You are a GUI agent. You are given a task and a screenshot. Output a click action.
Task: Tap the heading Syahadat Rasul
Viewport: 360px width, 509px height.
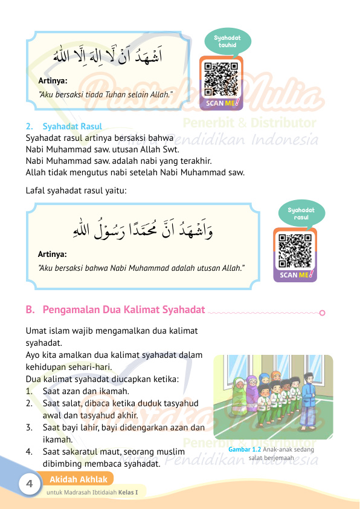coord(72,126)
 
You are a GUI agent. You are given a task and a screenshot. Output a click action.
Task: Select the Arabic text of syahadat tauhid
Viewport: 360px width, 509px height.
coord(109,59)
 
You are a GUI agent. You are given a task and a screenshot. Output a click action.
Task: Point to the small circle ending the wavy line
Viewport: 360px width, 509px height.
coord(322,313)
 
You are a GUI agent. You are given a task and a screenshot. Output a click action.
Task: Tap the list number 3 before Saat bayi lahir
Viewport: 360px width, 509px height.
coord(29,427)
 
